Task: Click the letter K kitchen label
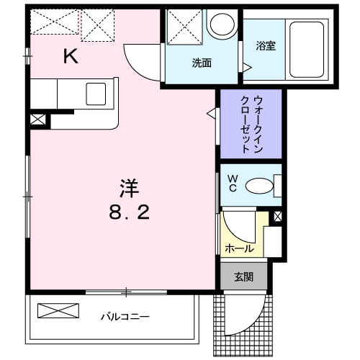pyautogui.click(x=71, y=56)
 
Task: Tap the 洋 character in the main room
pyautogui.click(x=130, y=189)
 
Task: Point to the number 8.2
pyautogui.click(x=130, y=212)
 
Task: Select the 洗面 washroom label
pyautogui.click(x=202, y=63)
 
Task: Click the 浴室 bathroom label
pyautogui.click(x=266, y=45)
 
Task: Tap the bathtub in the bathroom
pyautogui.click(x=307, y=50)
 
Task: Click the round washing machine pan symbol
pyautogui.click(x=222, y=24)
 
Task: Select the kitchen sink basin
pyautogui.click(x=96, y=94)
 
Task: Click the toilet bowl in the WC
pyautogui.click(x=259, y=186)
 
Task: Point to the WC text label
pyautogui.click(x=233, y=183)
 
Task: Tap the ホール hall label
pyautogui.click(x=239, y=248)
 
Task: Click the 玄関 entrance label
pyautogui.click(x=243, y=277)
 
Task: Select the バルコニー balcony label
pyautogui.click(x=125, y=317)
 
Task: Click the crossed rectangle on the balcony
pyautogui.click(x=58, y=311)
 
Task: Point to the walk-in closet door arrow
pyautogui.click(x=211, y=113)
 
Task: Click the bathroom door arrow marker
pyautogui.click(x=247, y=67)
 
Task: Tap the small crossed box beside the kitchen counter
pyautogui.click(x=38, y=120)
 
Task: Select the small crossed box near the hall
pyautogui.click(x=278, y=217)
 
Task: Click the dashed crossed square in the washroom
pyautogui.click(x=184, y=27)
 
